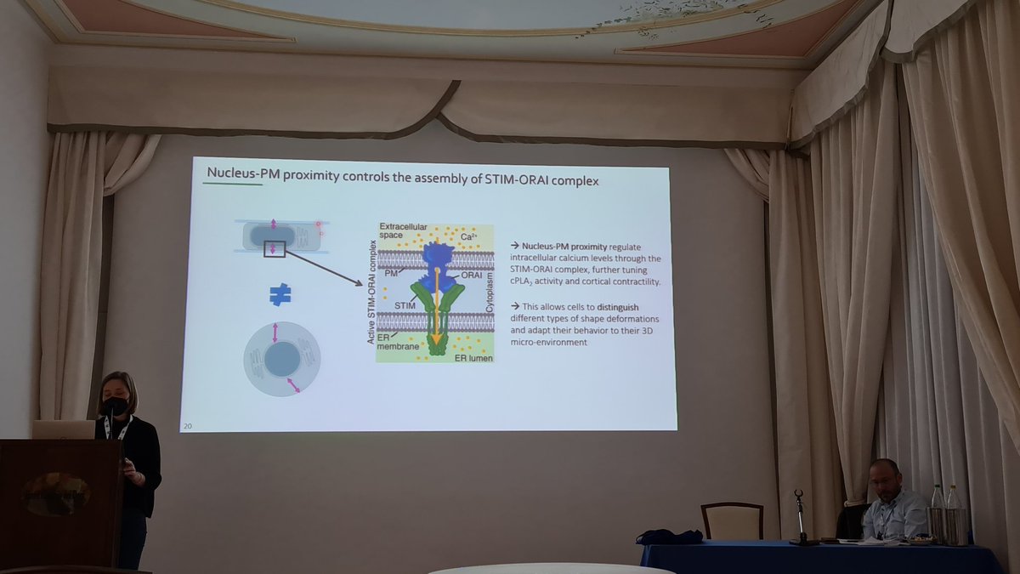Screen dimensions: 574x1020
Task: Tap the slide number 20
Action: tap(186, 424)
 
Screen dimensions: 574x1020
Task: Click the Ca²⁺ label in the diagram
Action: tap(470, 237)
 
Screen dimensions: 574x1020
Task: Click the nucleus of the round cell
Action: tap(280, 360)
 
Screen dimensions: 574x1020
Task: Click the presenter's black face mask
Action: tap(116, 406)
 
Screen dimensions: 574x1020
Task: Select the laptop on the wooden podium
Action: tap(64, 429)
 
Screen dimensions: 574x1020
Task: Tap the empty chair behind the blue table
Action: tap(732, 520)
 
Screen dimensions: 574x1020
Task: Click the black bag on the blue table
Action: tap(670, 537)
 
